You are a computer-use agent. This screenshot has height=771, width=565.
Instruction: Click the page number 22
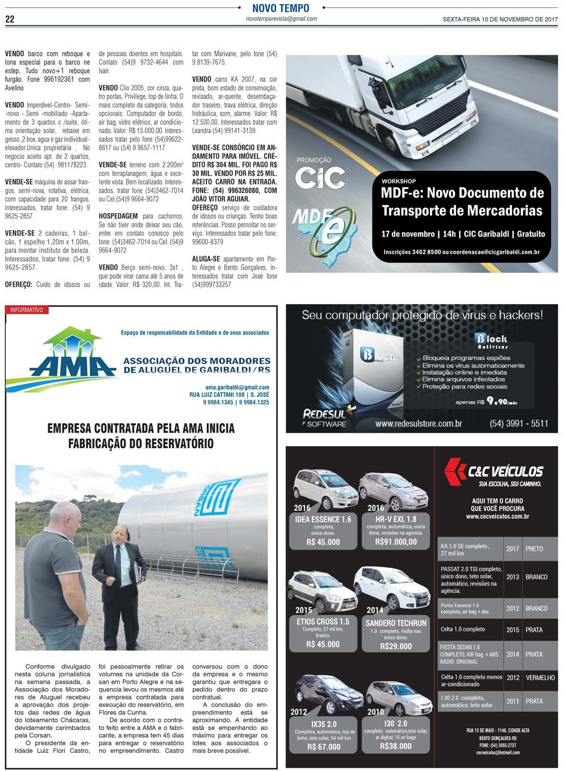10,19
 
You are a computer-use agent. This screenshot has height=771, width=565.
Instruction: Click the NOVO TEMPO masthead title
281,8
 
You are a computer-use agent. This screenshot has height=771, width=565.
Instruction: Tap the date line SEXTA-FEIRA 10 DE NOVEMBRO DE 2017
500,19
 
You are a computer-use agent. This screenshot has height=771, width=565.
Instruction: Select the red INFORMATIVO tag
26,310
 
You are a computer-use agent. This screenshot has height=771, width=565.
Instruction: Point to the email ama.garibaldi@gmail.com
237,387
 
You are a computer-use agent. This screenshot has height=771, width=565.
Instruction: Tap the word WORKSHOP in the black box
398,181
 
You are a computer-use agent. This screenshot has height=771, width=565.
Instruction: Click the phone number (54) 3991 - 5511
519,423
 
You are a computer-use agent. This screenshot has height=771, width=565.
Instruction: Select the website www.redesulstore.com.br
418,424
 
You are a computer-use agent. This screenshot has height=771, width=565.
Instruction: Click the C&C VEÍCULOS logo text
505,471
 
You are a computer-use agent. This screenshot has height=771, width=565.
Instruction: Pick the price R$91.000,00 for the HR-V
396,542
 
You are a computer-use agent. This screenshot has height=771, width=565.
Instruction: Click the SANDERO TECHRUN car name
396,623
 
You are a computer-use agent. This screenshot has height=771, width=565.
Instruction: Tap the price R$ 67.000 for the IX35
324,747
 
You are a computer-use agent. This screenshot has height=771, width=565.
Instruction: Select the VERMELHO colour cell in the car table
540,677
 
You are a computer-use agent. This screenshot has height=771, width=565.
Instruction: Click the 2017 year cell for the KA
513,549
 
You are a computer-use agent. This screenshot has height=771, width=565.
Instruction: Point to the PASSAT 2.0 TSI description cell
470,580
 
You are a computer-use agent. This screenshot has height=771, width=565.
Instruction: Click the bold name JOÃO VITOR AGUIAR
221,199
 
